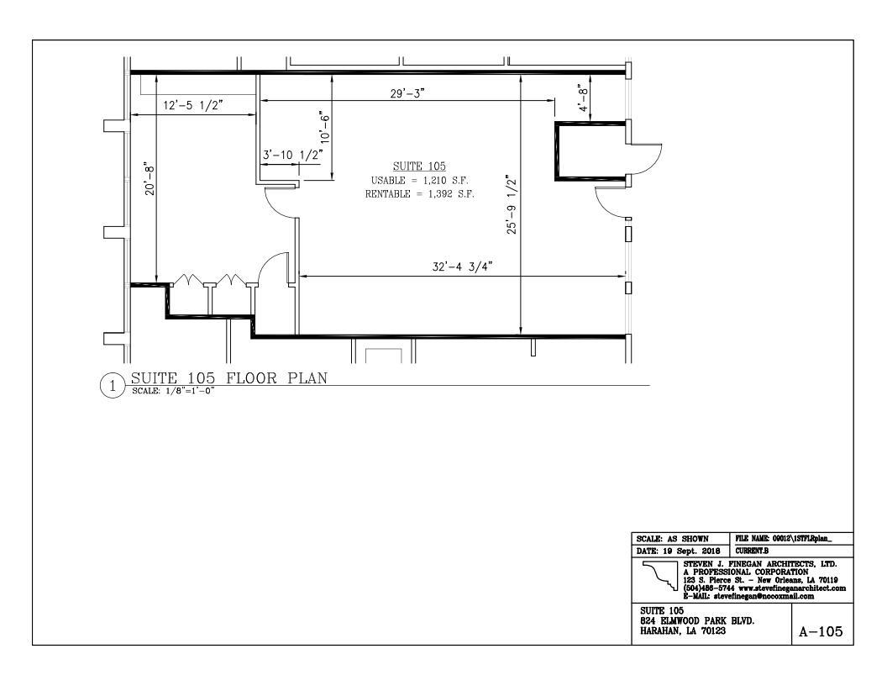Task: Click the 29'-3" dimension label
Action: click(x=407, y=93)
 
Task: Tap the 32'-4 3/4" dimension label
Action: click(x=461, y=267)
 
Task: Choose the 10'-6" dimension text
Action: click(x=323, y=127)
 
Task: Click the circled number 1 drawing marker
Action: click(x=113, y=386)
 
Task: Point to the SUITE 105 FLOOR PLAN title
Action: click(x=228, y=377)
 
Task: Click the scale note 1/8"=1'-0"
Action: click(x=173, y=391)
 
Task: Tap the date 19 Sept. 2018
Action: click(x=681, y=550)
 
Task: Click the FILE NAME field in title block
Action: click(x=793, y=538)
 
